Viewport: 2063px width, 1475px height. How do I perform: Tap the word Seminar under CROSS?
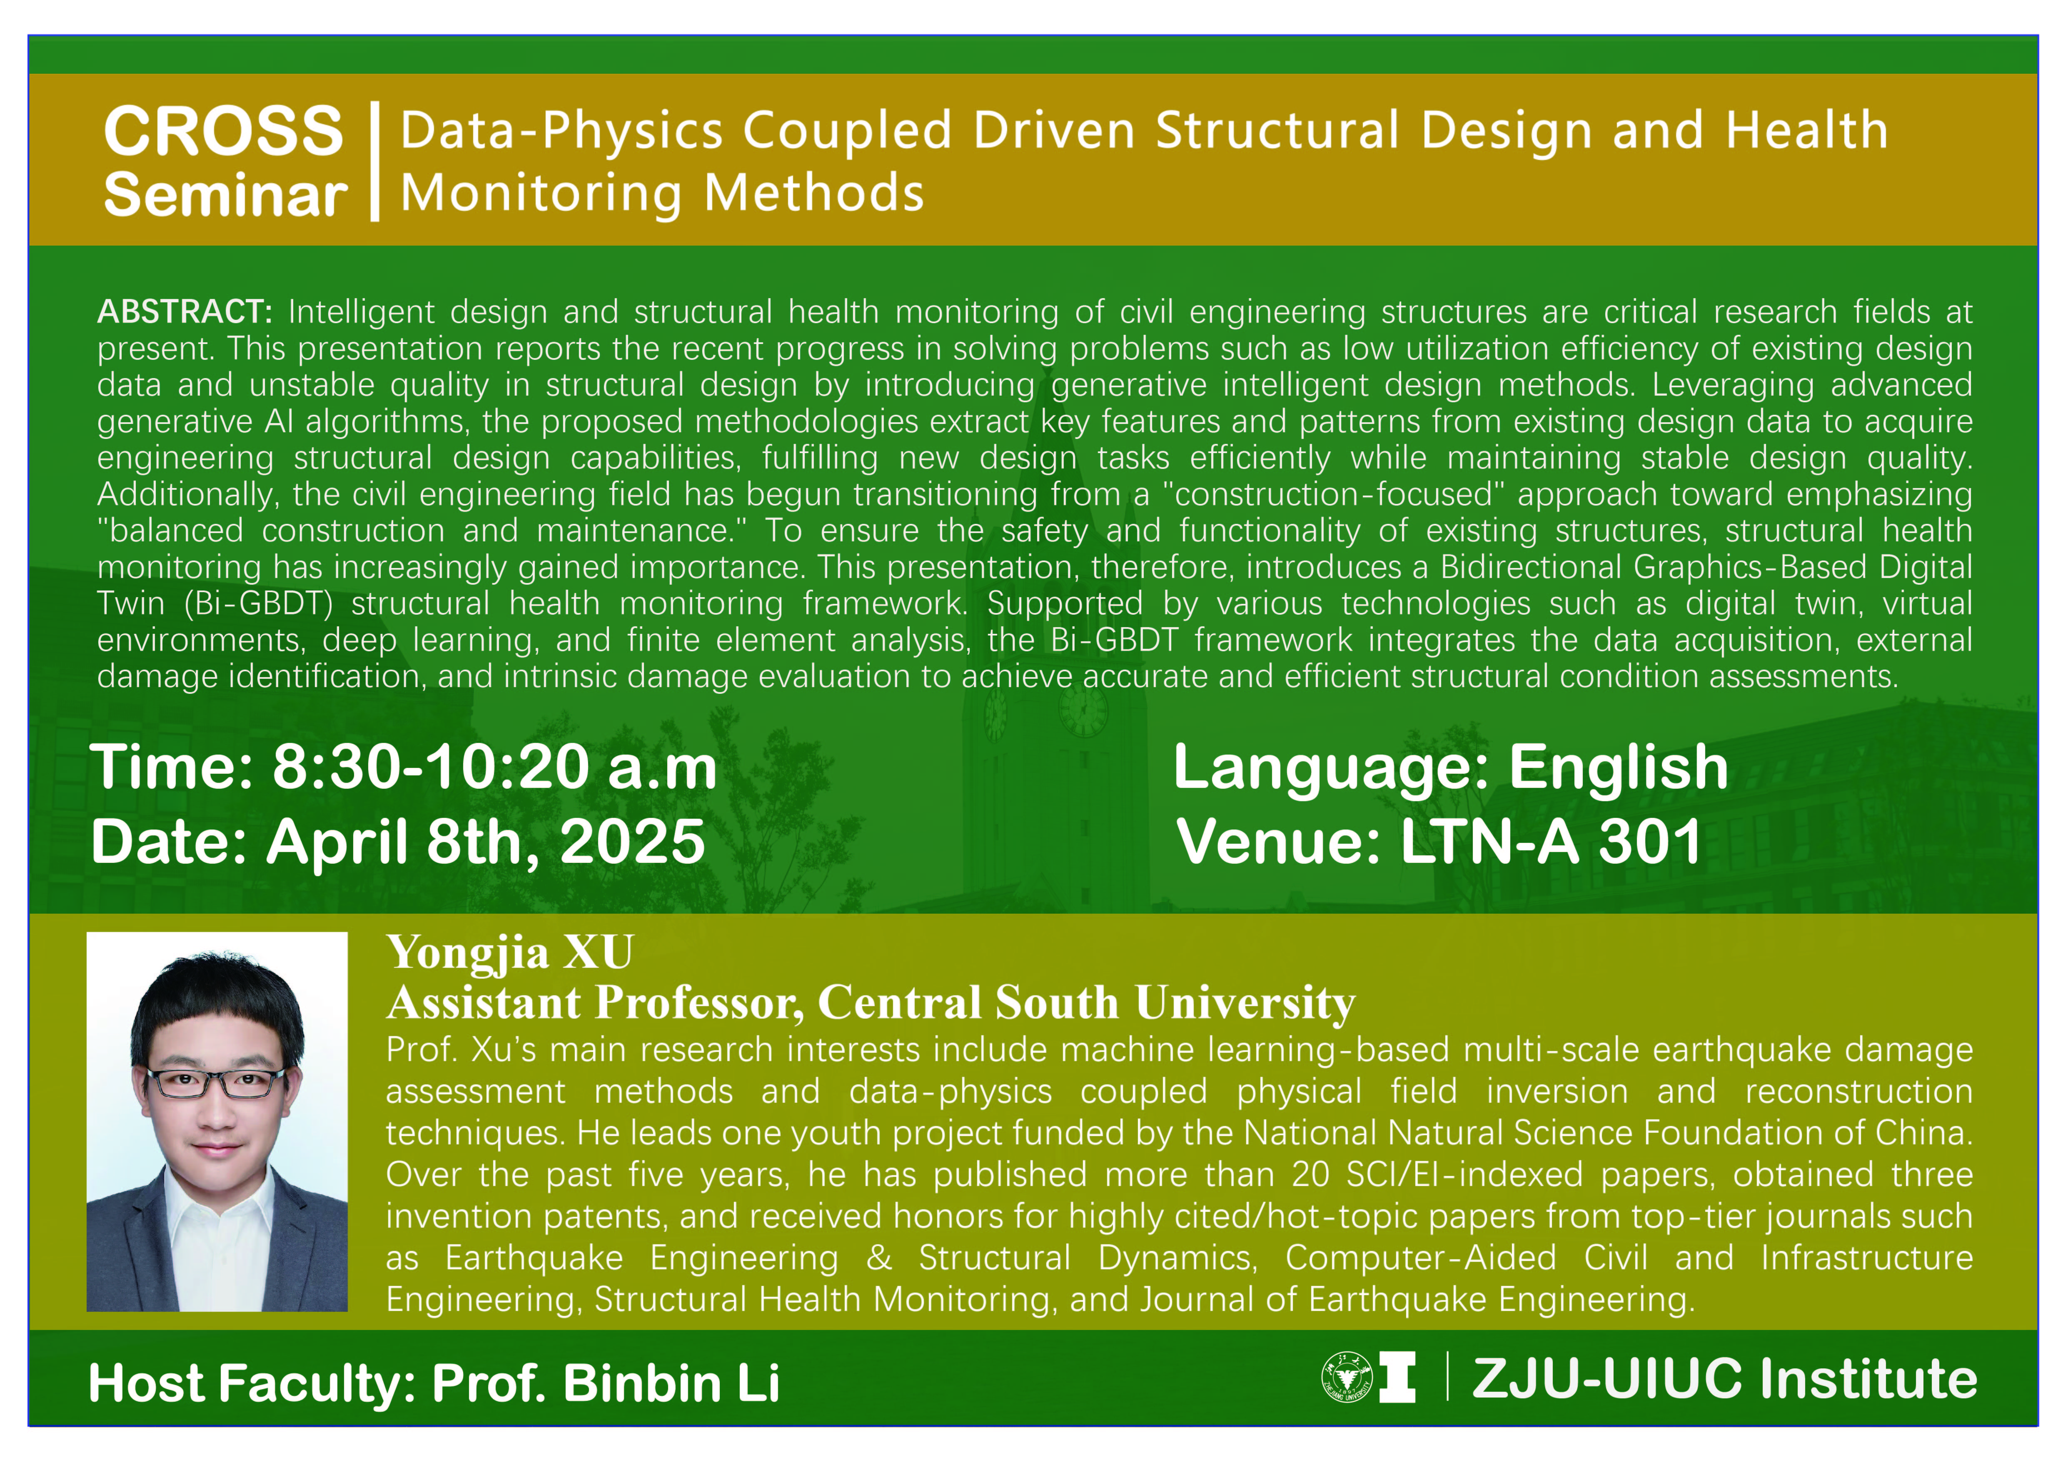pos(225,195)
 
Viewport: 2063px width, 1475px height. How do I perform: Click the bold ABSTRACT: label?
pos(185,311)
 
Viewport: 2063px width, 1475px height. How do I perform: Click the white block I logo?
pos(1397,1377)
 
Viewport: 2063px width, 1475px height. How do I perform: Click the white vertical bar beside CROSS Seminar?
pos(374,162)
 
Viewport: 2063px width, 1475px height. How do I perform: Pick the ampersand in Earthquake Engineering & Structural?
pos(878,1258)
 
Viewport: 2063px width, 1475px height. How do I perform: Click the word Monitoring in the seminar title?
pos(541,194)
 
